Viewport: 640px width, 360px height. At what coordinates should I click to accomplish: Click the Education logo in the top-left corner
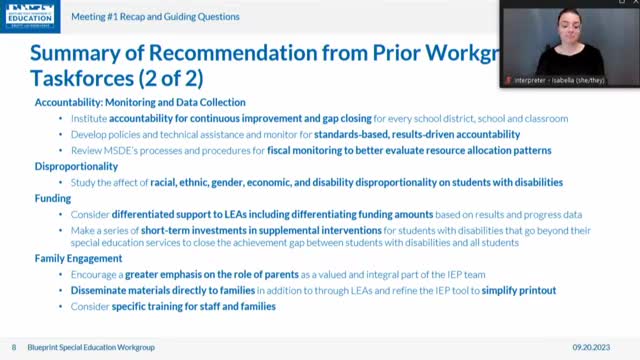[x=44, y=16]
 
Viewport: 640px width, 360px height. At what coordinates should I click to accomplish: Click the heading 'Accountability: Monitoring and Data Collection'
[x=140, y=102]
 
